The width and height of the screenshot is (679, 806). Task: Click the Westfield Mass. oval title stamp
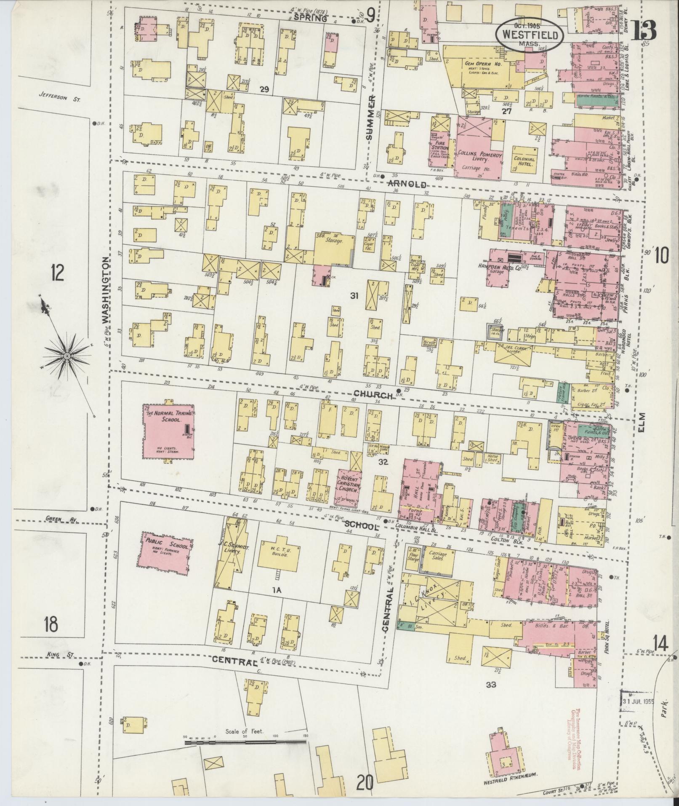click(530, 35)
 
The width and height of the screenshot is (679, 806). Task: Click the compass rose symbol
click(66, 356)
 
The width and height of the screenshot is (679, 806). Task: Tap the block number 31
click(354, 296)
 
